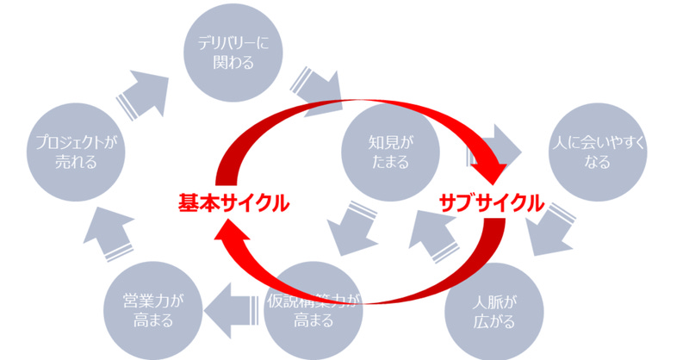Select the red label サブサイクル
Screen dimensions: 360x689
[492, 204]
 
